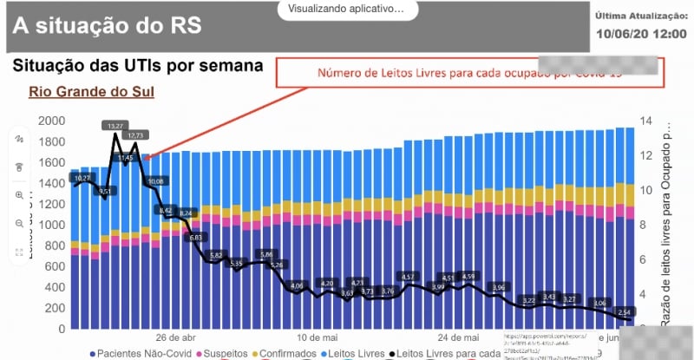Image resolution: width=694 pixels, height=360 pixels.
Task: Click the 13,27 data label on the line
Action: (x=115, y=126)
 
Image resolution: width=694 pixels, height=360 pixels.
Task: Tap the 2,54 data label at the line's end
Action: (x=625, y=311)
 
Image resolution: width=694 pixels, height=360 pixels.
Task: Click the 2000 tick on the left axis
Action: (x=51, y=121)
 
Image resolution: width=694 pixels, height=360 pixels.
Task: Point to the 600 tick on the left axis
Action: (x=55, y=267)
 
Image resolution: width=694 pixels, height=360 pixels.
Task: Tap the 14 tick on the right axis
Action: (x=645, y=121)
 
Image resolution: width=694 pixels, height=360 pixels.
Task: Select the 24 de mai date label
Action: (x=459, y=337)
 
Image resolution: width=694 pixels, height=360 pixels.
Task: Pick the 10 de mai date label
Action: (x=316, y=337)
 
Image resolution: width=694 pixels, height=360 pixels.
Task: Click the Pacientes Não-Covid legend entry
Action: (x=138, y=353)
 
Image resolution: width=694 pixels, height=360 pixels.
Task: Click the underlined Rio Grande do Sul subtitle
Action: (x=91, y=92)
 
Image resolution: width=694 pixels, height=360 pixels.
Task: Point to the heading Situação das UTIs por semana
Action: (x=136, y=66)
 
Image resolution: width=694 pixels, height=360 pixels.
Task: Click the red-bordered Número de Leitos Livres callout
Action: (x=468, y=73)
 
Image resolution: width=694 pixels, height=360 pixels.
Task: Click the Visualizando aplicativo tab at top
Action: (x=347, y=9)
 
